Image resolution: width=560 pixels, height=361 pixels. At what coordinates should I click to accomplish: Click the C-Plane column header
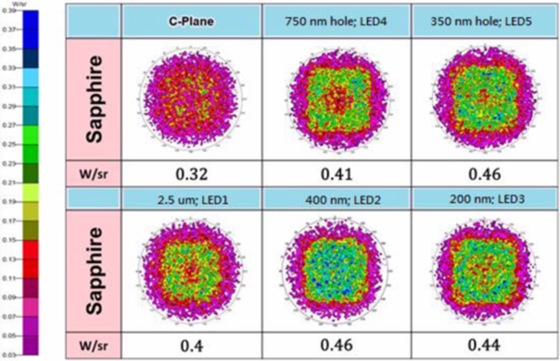pyautogui.click(x=191, y=21)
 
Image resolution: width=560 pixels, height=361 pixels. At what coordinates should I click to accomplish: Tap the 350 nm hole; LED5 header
pyautogui.click(x=485, y=21)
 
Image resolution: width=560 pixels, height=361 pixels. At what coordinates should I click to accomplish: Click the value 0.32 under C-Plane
pyautogui.click(x=191, y=174)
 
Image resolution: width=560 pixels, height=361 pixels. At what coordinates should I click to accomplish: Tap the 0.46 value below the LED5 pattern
pyautogui.click(x=485, y=174)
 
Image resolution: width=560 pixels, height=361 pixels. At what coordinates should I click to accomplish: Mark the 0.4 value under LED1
pyautogui.click(x=191, y=346)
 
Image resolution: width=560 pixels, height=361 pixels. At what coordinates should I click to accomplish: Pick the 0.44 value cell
pyautogui.click(x=485, y=345)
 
